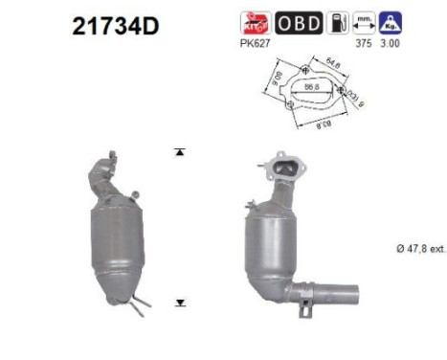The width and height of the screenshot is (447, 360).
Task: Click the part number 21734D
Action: tap(114, 26)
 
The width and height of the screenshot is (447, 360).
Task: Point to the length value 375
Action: tap(363, 42)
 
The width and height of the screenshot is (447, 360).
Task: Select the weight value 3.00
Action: tap(390, 42)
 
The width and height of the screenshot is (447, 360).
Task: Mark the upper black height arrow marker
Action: tap(179, 151)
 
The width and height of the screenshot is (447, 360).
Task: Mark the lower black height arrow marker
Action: tap(179, 302)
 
